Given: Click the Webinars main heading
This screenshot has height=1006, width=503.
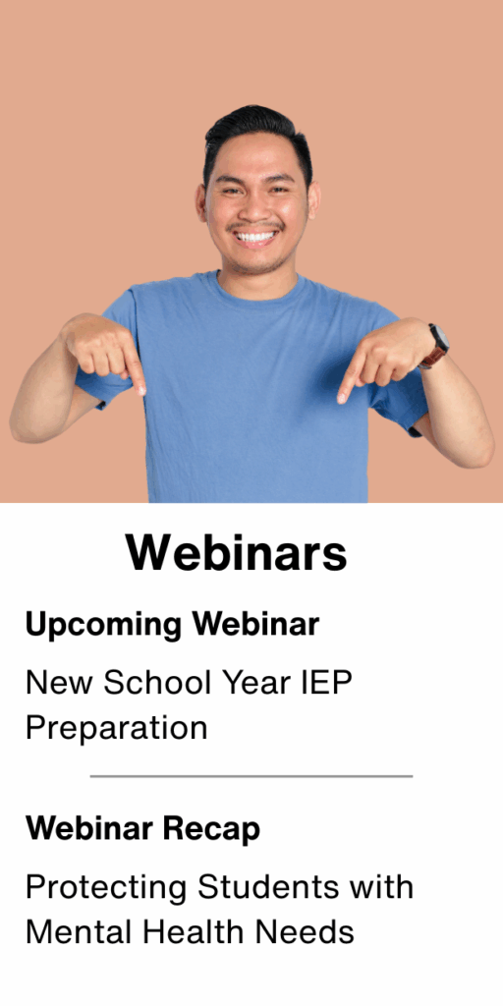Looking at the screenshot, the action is tap(236, 552).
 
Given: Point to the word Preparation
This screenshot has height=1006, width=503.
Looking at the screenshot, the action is tap(116, 729).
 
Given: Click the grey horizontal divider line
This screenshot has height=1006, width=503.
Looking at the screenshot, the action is tap(251, 776).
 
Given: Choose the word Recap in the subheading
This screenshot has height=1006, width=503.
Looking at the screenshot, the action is tap(211, 830).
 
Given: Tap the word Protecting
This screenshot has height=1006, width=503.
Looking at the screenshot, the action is tap(107, 888).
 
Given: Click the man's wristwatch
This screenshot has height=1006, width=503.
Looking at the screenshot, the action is tap(436, 346).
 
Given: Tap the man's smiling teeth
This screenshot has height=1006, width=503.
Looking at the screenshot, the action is tap(256, 238).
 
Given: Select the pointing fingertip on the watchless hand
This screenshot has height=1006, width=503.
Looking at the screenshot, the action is tap(141, 388).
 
